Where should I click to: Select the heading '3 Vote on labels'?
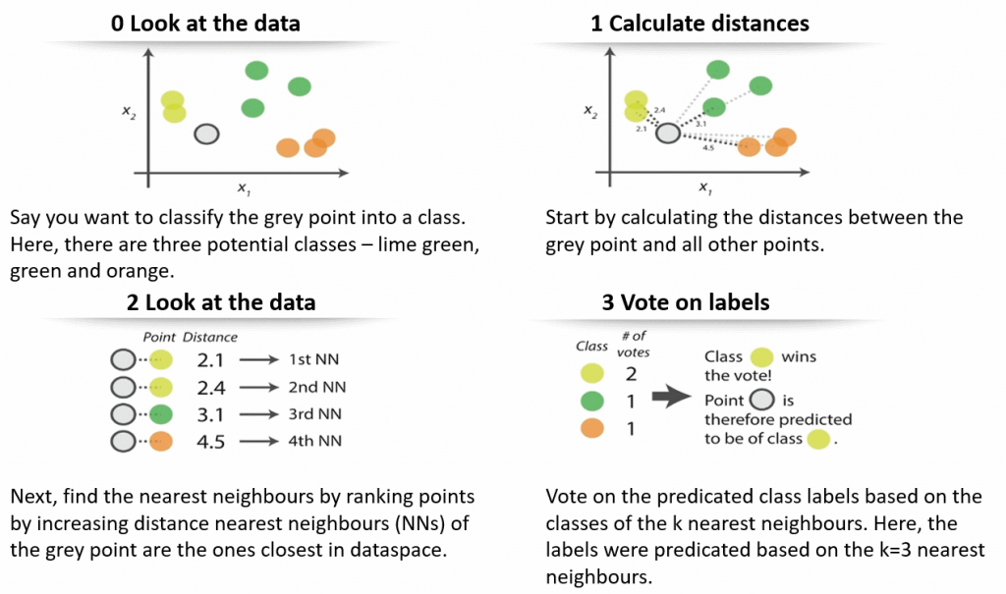(x=686, y=302)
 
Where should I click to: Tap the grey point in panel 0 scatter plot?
(x=205, y=135)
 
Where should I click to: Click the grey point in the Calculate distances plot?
(x=668, y=133)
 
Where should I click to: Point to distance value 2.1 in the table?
(x=211, y=360)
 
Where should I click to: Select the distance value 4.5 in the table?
(x=211, y=441)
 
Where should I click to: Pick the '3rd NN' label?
(x=315, y=414)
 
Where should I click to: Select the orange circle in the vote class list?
(x=591, y=429)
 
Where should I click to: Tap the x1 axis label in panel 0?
(x=240, y=188)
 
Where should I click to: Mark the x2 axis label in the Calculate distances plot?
(x=589, y=113)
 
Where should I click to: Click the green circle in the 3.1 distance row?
(x=162, y=414)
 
